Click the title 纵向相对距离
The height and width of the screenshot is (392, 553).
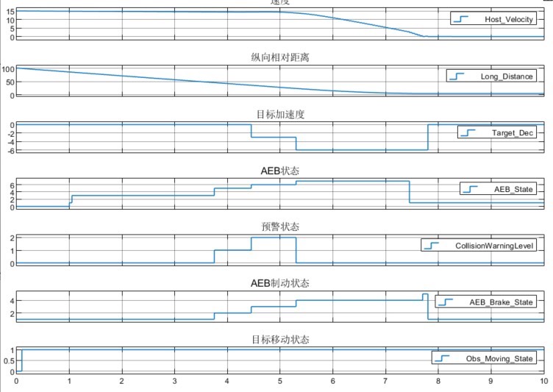point(279,57)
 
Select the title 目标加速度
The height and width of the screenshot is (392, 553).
point(279,114)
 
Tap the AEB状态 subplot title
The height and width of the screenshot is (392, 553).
point(279,171)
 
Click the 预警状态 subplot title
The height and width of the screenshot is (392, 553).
point(279,227)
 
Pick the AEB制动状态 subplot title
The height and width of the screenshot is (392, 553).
point(279,283)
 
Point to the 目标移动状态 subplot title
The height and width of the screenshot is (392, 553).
point(279,340)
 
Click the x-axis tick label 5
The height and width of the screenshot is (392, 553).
point(280,382)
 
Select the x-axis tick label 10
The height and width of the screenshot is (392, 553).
point(543,382)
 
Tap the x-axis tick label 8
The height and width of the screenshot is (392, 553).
point(438,382)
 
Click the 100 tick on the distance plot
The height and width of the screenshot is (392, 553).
point(8,69)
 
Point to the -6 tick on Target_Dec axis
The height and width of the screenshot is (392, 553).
point(10,150)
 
